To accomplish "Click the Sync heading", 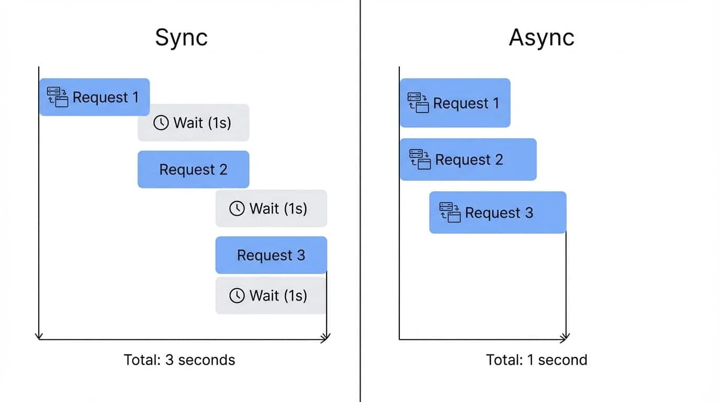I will [181, 38].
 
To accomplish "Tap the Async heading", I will [542, 38].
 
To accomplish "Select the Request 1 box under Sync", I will [95, 97].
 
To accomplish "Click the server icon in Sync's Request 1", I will [58, 97].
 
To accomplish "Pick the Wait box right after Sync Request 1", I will [193, 122].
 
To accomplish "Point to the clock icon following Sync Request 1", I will [161, 123].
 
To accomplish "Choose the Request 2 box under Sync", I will [193, 170].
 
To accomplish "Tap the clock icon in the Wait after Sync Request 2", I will [237, 208].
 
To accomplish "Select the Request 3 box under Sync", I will [271, 255].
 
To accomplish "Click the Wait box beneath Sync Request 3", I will [271, 296].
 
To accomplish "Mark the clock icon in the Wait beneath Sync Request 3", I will [237, 296].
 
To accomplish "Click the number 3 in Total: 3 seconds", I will [169, 360].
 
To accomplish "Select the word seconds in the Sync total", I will [207, 360].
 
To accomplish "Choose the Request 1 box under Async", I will [455, 103].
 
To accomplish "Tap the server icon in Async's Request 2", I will [420, 160].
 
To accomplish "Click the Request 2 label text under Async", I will [469, 160].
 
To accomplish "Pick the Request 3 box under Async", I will [498, 213].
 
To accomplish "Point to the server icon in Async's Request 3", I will [450, 213].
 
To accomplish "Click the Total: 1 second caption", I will [536, 360].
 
